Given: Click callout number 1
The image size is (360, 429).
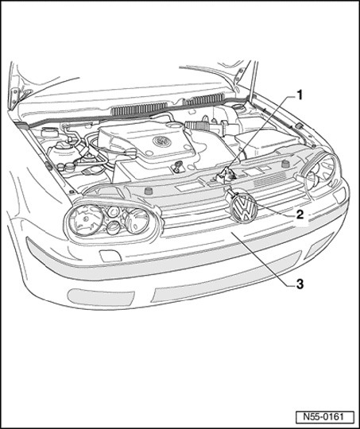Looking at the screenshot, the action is (300, 95).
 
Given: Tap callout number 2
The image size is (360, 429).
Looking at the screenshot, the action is (300, 214).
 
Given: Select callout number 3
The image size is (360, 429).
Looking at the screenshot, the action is (300, 284).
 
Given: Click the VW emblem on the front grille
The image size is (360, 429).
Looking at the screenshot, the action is (244, 209).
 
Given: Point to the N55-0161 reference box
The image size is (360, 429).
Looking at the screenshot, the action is (325, 417).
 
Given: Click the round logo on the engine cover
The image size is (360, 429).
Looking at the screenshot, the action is (162, 141).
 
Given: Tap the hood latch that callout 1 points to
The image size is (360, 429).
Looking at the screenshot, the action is (225, 176).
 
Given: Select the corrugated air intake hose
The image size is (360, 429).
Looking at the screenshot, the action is (196, 126).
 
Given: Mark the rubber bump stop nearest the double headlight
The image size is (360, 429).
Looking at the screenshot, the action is (149, 191).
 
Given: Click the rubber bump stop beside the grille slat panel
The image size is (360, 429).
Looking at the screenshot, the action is (285, 164).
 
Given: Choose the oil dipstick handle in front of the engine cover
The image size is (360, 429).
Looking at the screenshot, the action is (178, 165).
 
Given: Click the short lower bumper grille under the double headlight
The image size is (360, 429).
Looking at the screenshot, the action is (101, 297).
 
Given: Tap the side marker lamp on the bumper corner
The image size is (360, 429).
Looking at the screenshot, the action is (340, 195).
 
